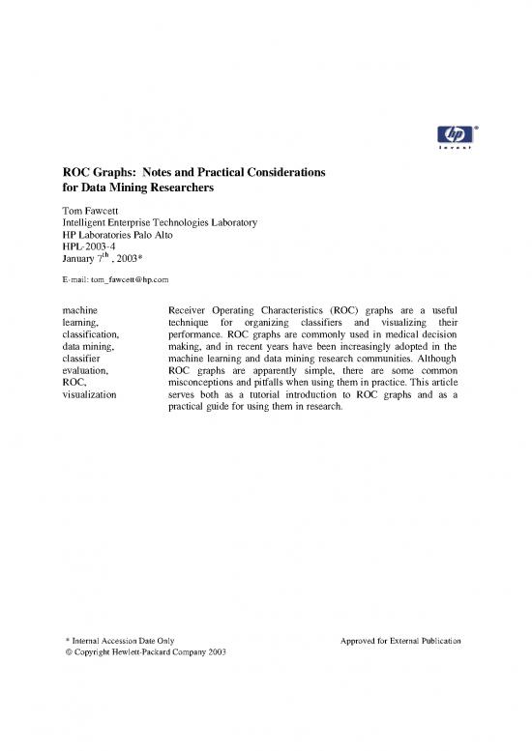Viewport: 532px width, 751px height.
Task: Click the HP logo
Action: pos(448,134)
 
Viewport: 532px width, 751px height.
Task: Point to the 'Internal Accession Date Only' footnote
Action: pos(120,642)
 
